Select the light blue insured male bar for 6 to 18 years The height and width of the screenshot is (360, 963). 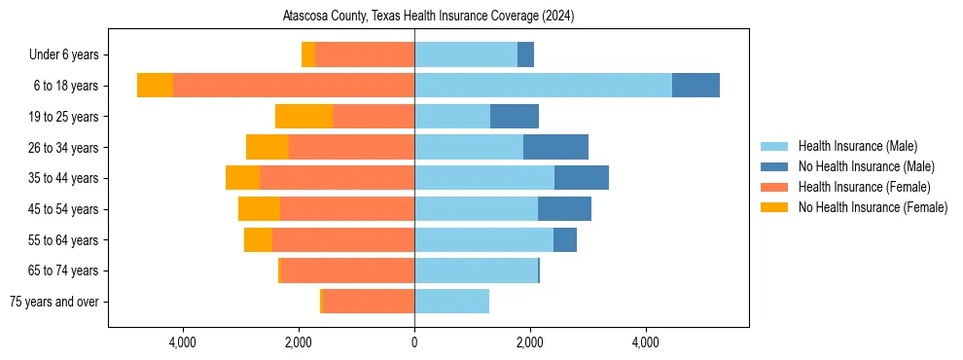543,86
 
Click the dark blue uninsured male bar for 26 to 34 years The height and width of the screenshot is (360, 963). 555,147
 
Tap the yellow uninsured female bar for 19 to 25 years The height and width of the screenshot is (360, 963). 303,117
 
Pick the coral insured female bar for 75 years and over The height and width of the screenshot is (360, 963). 369,302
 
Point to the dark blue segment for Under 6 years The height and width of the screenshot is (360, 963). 525,54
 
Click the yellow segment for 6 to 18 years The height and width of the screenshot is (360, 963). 155,86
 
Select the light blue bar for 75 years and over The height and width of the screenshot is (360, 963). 451,302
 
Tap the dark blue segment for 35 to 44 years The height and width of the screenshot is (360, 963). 582,178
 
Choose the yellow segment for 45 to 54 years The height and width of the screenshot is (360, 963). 259,209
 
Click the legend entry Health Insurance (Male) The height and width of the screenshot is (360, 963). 857,146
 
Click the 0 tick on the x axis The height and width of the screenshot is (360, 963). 414,342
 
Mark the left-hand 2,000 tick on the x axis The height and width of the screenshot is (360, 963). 299,342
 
